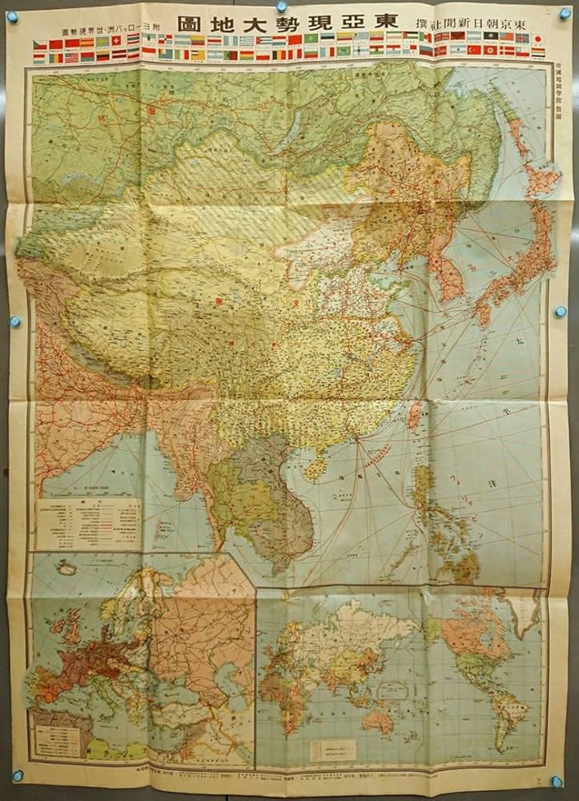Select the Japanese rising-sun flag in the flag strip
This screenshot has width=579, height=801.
coord(537,38)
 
